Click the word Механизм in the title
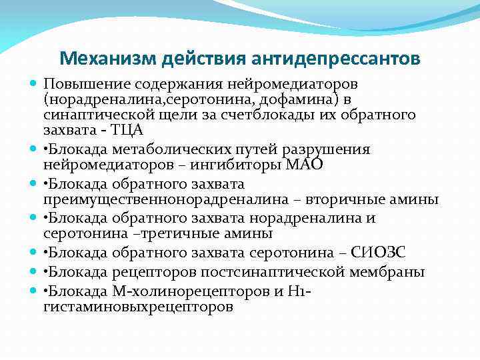pos(102,59)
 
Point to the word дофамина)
pos(303,99)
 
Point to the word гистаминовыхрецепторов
pos(138,307)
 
